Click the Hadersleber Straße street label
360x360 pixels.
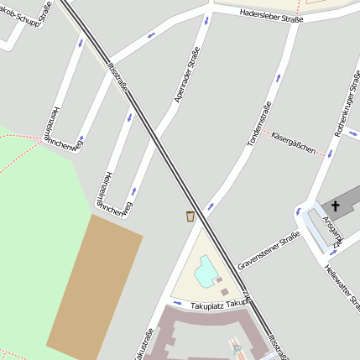(x=270, y=15)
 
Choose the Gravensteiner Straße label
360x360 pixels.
(x=269, y=251)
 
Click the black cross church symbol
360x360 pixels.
(x=336, y=206)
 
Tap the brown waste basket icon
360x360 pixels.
(x=190, y=217)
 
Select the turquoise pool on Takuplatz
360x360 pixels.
(x=205, y=270)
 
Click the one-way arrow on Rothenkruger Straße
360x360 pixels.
(x=332, y=154)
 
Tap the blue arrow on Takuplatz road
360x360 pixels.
(x=177, y=302)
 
